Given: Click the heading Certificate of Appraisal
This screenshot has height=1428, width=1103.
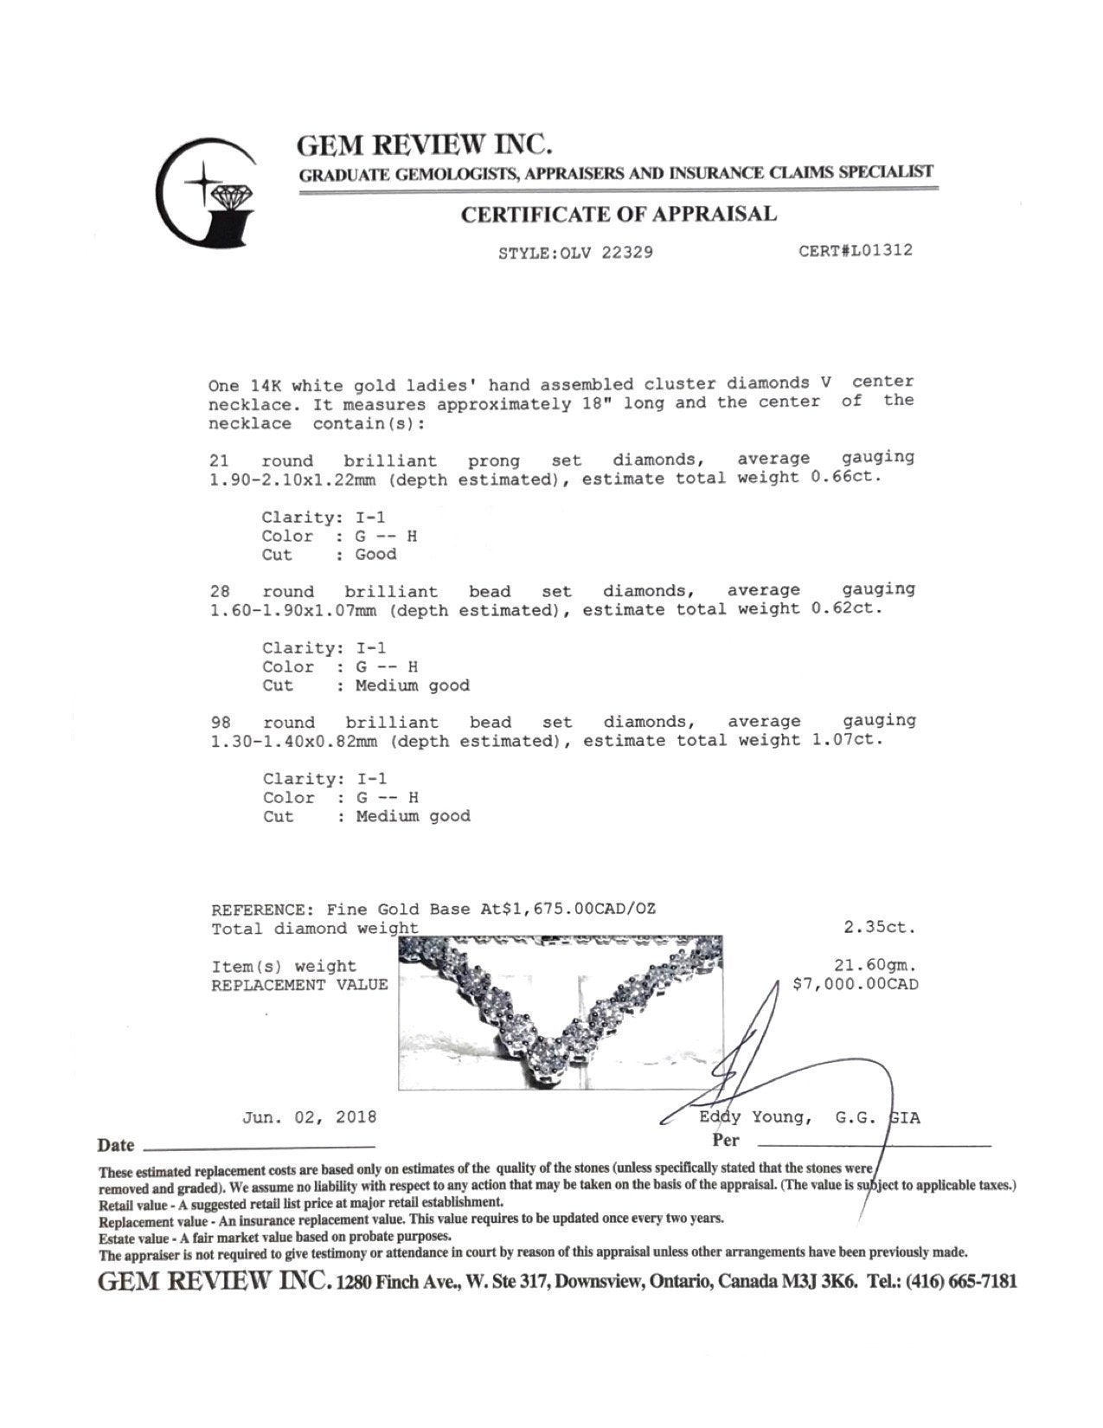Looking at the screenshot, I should point(618,214).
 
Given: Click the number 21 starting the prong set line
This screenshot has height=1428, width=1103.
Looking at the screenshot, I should point(219,460).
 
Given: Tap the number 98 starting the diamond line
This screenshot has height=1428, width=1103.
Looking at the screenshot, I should point(221,723).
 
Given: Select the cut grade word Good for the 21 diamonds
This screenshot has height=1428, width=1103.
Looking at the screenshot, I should point(375,555).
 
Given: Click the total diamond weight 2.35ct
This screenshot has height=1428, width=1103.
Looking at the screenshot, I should point(879,927).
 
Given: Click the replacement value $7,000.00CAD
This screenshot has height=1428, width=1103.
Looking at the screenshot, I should point(856,984).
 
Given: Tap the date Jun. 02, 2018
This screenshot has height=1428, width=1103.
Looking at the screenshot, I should point(309,1116).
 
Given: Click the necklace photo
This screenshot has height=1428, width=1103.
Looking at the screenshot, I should point(561,1012).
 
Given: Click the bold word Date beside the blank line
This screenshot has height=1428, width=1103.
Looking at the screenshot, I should point(116,1146).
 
